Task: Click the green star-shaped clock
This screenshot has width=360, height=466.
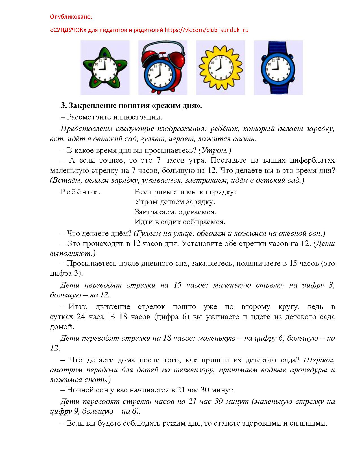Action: click(105, 68)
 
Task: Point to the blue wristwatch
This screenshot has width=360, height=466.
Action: click(278, 68)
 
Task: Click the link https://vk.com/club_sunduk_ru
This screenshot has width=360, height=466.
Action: click(206, 30)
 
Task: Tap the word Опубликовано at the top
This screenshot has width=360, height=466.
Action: click(71, 17)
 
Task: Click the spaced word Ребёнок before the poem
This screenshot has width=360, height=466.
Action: click(80, 192)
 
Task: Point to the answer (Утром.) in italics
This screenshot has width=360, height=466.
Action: click(215, 150)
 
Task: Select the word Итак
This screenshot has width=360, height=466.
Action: click(78, 307)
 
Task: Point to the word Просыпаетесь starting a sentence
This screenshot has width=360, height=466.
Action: click(91, 264)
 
